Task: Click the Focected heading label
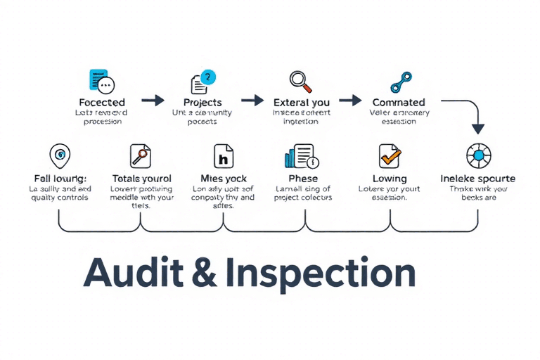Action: pyautogui.click(x=103, y=103)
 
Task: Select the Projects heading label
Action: pyautogui.click(x=202, y=103)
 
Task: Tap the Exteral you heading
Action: pyautogui.click(x=301, y=103)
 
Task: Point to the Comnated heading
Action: pyautogui.click(x=399, y=103)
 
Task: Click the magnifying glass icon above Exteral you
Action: pyautogui.click(x=301, y=79)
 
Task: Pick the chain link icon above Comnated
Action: pyautogui.click(x=401, y=79)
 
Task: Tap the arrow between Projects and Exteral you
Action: pyautogui.click(x=252, y=101)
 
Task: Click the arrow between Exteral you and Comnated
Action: pyautogui.click(x=350, y=101)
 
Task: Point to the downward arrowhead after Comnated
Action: pyautogui.click(x=478, y=129)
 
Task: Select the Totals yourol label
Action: pyautogui.click(x=141, y=179)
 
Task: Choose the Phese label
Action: pyautogui.click(x=303, y=179)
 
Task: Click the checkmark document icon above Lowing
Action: pyautogui.click(x=389, y=155)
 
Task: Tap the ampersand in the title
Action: pyautogui.click(x=204, y=273)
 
